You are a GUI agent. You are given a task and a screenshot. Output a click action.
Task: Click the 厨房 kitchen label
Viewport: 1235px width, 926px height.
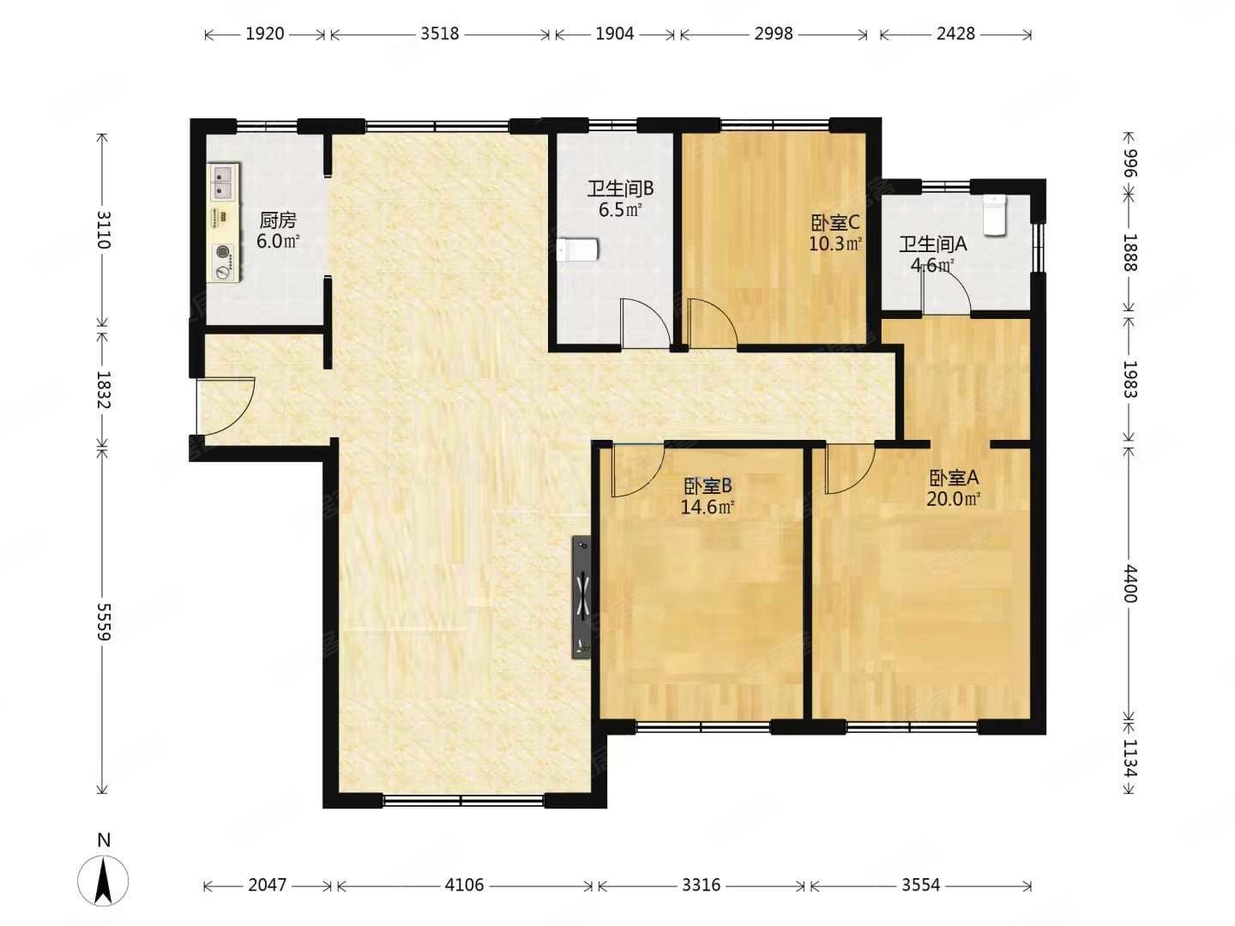(x=277, y=219)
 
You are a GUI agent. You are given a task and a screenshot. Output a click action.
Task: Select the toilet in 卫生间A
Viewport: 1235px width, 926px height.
(x=994, y=214)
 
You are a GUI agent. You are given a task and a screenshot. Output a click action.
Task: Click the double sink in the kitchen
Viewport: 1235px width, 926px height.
(x=223, y=180)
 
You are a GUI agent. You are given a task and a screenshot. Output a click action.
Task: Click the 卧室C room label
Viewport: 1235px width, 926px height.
(x=835, y=223)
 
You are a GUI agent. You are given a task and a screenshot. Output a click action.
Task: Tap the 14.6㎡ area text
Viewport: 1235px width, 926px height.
(x=708, y=508)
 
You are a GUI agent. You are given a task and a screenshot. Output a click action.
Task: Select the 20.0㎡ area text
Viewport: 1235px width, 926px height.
(x=953, y=499)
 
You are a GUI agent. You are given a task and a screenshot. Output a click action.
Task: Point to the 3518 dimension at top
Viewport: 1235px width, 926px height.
(x=439, y=33)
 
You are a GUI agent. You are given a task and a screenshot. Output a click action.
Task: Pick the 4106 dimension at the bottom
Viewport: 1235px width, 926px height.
(x=464, y=885)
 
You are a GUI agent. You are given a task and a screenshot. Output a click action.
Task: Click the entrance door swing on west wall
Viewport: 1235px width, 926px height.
(x=226, y=406)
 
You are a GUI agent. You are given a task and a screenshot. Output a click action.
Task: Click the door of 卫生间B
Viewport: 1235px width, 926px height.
(x=645, y=324)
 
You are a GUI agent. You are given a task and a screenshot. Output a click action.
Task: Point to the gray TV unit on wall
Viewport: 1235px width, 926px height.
(x=581, y=597)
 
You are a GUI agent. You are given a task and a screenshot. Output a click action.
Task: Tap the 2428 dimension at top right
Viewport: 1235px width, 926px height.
(x=955, y=33)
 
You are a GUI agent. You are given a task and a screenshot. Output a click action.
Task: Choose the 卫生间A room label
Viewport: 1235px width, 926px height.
(x=933, y=244)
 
